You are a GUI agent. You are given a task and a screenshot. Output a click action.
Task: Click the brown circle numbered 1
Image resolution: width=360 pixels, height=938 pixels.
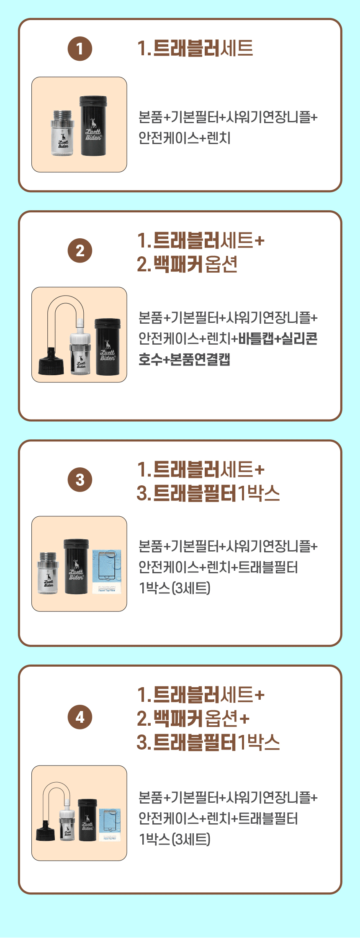pyautogui.click(x=80, y=49)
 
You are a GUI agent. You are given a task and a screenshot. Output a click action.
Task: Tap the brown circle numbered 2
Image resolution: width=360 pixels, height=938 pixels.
pyautogui.click(x=80, y=250)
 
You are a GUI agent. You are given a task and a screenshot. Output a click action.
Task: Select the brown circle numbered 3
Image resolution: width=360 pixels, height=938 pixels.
pyautogui.click(x=80, y=479)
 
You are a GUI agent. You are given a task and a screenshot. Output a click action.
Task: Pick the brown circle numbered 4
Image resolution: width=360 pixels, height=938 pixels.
pyautogui.click(x=80, y=717)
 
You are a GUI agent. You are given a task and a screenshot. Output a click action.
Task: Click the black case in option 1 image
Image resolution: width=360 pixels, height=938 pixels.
pyautogui.click(x=93, y=126)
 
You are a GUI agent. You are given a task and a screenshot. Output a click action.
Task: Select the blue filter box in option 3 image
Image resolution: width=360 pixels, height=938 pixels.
pyautogui.click(x=107, y=571)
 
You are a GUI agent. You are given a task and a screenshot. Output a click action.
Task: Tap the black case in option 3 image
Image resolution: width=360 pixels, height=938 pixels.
pyautogui.click(x=76, y=566)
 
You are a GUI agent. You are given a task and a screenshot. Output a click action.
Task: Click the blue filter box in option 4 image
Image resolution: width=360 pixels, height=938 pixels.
pyautogui.click(x=110, y=825)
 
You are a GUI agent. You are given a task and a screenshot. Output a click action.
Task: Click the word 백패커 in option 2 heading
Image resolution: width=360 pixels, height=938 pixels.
pyautogui.click(x=178, y=264)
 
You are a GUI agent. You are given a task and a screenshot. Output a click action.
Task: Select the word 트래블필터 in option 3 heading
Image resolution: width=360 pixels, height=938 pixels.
pyautogui.click(x=195, y=493)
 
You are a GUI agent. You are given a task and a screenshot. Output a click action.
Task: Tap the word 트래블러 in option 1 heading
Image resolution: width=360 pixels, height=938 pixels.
pyautogui.click(x=186, y=48)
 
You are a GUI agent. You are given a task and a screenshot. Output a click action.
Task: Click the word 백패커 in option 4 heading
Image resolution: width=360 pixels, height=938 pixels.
pyautogui.click(x=178, y=719)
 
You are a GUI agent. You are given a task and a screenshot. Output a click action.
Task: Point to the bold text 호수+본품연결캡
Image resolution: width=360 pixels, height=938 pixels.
pyautogui.click(x=184, y=359)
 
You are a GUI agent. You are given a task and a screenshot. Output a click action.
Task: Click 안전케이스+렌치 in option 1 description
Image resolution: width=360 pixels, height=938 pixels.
pyautogui.click(x=185, y=138)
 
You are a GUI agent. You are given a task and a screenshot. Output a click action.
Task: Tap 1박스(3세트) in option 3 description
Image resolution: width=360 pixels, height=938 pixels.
pyautogui.click(x=175, y=588)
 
